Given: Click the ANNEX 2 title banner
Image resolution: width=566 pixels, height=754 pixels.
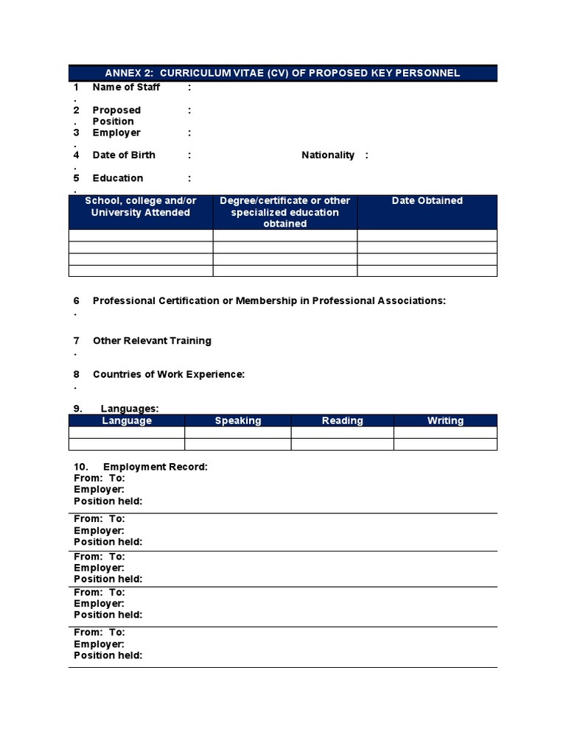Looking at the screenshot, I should coord(282,73).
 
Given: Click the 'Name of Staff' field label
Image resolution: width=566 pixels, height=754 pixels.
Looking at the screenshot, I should coord(126,87).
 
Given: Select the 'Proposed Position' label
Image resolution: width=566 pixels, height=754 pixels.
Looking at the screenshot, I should coord(116,116).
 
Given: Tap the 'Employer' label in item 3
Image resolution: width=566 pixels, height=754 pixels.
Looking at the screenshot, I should coord(116,133).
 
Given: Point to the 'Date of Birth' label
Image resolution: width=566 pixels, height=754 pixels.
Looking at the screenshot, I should coord(124,155).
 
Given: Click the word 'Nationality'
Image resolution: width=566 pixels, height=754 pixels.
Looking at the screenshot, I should coord(328,155).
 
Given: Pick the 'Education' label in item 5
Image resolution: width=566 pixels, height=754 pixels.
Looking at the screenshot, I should coord(118,178).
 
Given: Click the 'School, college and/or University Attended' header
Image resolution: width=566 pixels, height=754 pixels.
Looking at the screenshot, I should coord(141,207).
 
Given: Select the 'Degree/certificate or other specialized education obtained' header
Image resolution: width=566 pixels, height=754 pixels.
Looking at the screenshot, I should coord(285,212).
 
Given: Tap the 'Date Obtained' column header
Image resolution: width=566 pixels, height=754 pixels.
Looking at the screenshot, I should coord(427,201).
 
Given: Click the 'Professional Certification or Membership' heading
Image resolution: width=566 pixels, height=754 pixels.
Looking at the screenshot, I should coord(269,300).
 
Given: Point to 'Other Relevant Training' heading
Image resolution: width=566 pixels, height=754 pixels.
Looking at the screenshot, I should coord(152,341).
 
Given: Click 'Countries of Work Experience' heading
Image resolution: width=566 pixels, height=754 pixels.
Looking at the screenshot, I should coord(169,374).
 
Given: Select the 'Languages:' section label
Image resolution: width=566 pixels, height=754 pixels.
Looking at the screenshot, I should coord(130,409).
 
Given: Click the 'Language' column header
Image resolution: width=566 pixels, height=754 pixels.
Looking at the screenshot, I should coord(127,420).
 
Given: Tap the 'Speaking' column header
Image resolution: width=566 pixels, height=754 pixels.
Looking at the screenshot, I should coord(238,420).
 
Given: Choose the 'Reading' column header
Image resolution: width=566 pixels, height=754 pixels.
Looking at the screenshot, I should coord(343,420).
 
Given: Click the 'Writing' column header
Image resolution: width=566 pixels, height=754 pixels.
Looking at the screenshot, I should coord(445,420).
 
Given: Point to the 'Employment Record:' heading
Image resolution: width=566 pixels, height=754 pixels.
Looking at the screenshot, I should coord(156,467).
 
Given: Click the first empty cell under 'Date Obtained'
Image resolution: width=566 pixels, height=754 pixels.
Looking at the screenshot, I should coord(427,236).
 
